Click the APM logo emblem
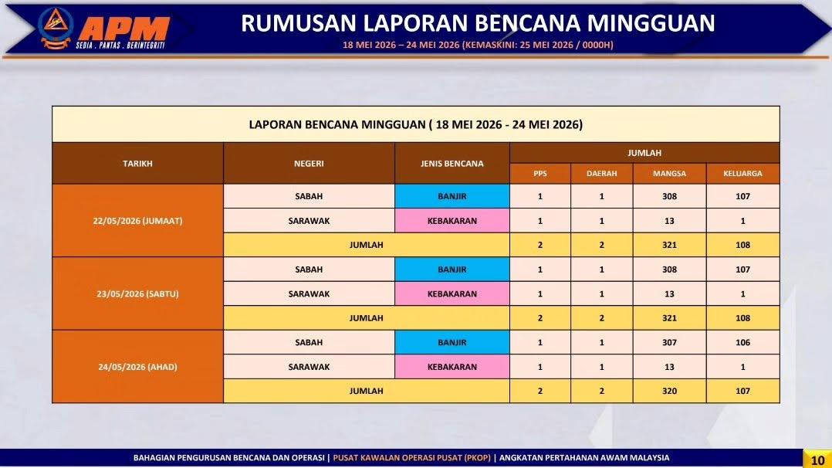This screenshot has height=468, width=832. (56, 28)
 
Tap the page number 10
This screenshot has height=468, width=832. (817, 460)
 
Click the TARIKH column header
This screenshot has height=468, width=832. (137, 164)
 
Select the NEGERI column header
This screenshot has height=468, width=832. (309, 164)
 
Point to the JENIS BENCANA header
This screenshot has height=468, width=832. (452, 164)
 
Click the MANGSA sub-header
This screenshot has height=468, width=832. (670, 174)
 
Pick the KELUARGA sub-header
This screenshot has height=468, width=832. (742, 174)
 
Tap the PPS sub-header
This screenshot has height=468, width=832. (540, 174)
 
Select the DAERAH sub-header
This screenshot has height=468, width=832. (602, 174)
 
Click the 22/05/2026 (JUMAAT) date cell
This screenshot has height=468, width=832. (137, 221)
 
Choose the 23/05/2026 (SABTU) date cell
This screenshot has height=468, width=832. (137, 293)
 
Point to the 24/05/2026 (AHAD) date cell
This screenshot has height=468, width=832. (137, 367)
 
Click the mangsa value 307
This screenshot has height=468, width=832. (670, 343)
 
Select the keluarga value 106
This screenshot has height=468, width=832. (742, 343)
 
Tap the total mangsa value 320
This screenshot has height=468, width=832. (670, 391)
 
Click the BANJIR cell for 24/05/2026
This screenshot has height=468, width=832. (452, 343)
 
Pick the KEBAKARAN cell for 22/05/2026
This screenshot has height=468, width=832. (452, 221)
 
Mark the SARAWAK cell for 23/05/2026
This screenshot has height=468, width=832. (309, 293)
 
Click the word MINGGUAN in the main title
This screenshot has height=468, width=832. (651, 23)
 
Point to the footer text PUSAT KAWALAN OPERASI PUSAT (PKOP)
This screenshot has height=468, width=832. (412, 458)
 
